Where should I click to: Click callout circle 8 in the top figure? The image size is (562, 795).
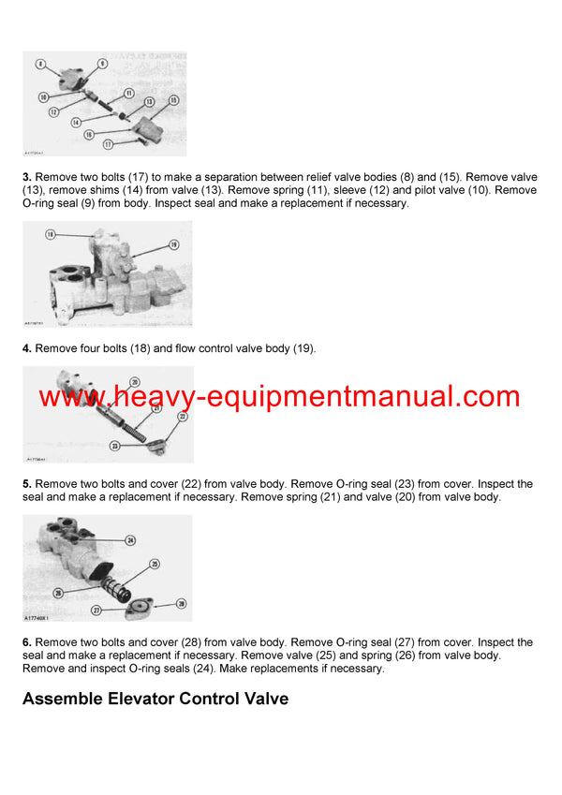[x=39, y=63]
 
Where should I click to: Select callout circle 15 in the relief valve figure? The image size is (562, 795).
[x=173, y=99]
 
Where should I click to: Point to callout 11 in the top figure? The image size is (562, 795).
[x=128, y=93]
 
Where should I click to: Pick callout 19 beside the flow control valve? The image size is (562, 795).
[x=173, y=244]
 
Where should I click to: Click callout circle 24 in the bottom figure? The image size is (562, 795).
[x=130, y=540]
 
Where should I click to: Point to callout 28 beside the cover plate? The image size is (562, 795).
[x=181, y=604]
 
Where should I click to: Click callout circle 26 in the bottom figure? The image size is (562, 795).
[x=58, y=593]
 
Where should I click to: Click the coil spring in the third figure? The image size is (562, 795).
[x=124, y=426]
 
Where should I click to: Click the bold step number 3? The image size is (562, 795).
[x=27, y=176]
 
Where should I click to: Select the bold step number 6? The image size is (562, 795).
[x=27, y=642]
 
